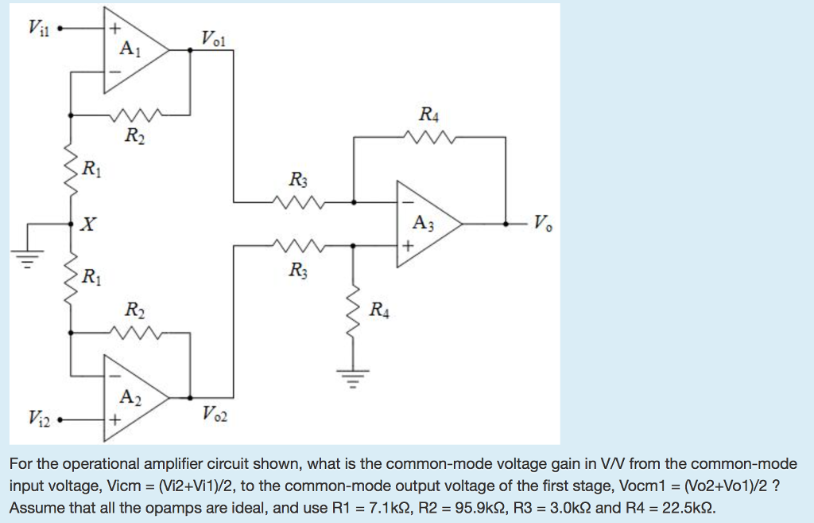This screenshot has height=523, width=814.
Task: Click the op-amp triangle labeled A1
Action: [x=131, y=50]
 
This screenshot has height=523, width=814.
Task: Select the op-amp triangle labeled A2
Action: [x=131, y=395]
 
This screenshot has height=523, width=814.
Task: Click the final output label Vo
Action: [x=541, y=223]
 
